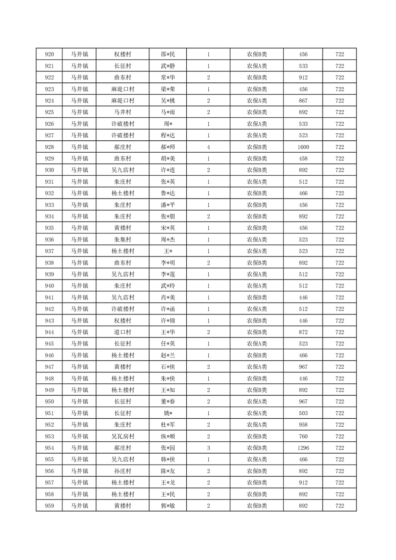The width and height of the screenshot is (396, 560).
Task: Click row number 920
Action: (x=49, y=54)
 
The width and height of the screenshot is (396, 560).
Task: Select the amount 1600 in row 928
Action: (x=303, y=147)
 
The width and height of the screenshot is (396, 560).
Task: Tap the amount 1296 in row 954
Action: (x=303, y=448)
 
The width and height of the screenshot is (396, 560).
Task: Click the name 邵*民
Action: (x=168, y=54)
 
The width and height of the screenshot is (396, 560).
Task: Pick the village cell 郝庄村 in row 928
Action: (x=122, y=147)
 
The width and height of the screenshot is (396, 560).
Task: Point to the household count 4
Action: (x=208, y=147)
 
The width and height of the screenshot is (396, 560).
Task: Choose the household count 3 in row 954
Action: (x=208, y=448)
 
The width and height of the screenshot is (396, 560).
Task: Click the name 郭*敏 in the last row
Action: (x=168, y=506)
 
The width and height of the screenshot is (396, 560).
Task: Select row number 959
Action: (x=49, y=506)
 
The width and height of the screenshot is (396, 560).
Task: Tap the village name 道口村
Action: (x=122, y=332)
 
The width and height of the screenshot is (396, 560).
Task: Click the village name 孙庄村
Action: (x=122, y=471)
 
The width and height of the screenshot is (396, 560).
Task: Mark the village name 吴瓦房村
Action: (x=122, y=436)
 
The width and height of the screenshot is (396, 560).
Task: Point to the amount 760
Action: (x=303, y=436)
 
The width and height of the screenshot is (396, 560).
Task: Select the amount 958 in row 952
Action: (x=303, y=425)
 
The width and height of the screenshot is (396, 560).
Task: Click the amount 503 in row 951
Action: (x=303, y=413)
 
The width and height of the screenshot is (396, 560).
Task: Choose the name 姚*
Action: (x=168, y=413)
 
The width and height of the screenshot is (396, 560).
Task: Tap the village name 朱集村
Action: (x=122, y=240)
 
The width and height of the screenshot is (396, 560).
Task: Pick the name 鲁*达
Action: (x=168, y=193)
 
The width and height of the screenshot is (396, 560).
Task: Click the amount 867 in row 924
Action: (x=303, y=101)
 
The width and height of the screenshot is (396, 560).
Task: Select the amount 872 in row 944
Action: (x=303, y=332)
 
